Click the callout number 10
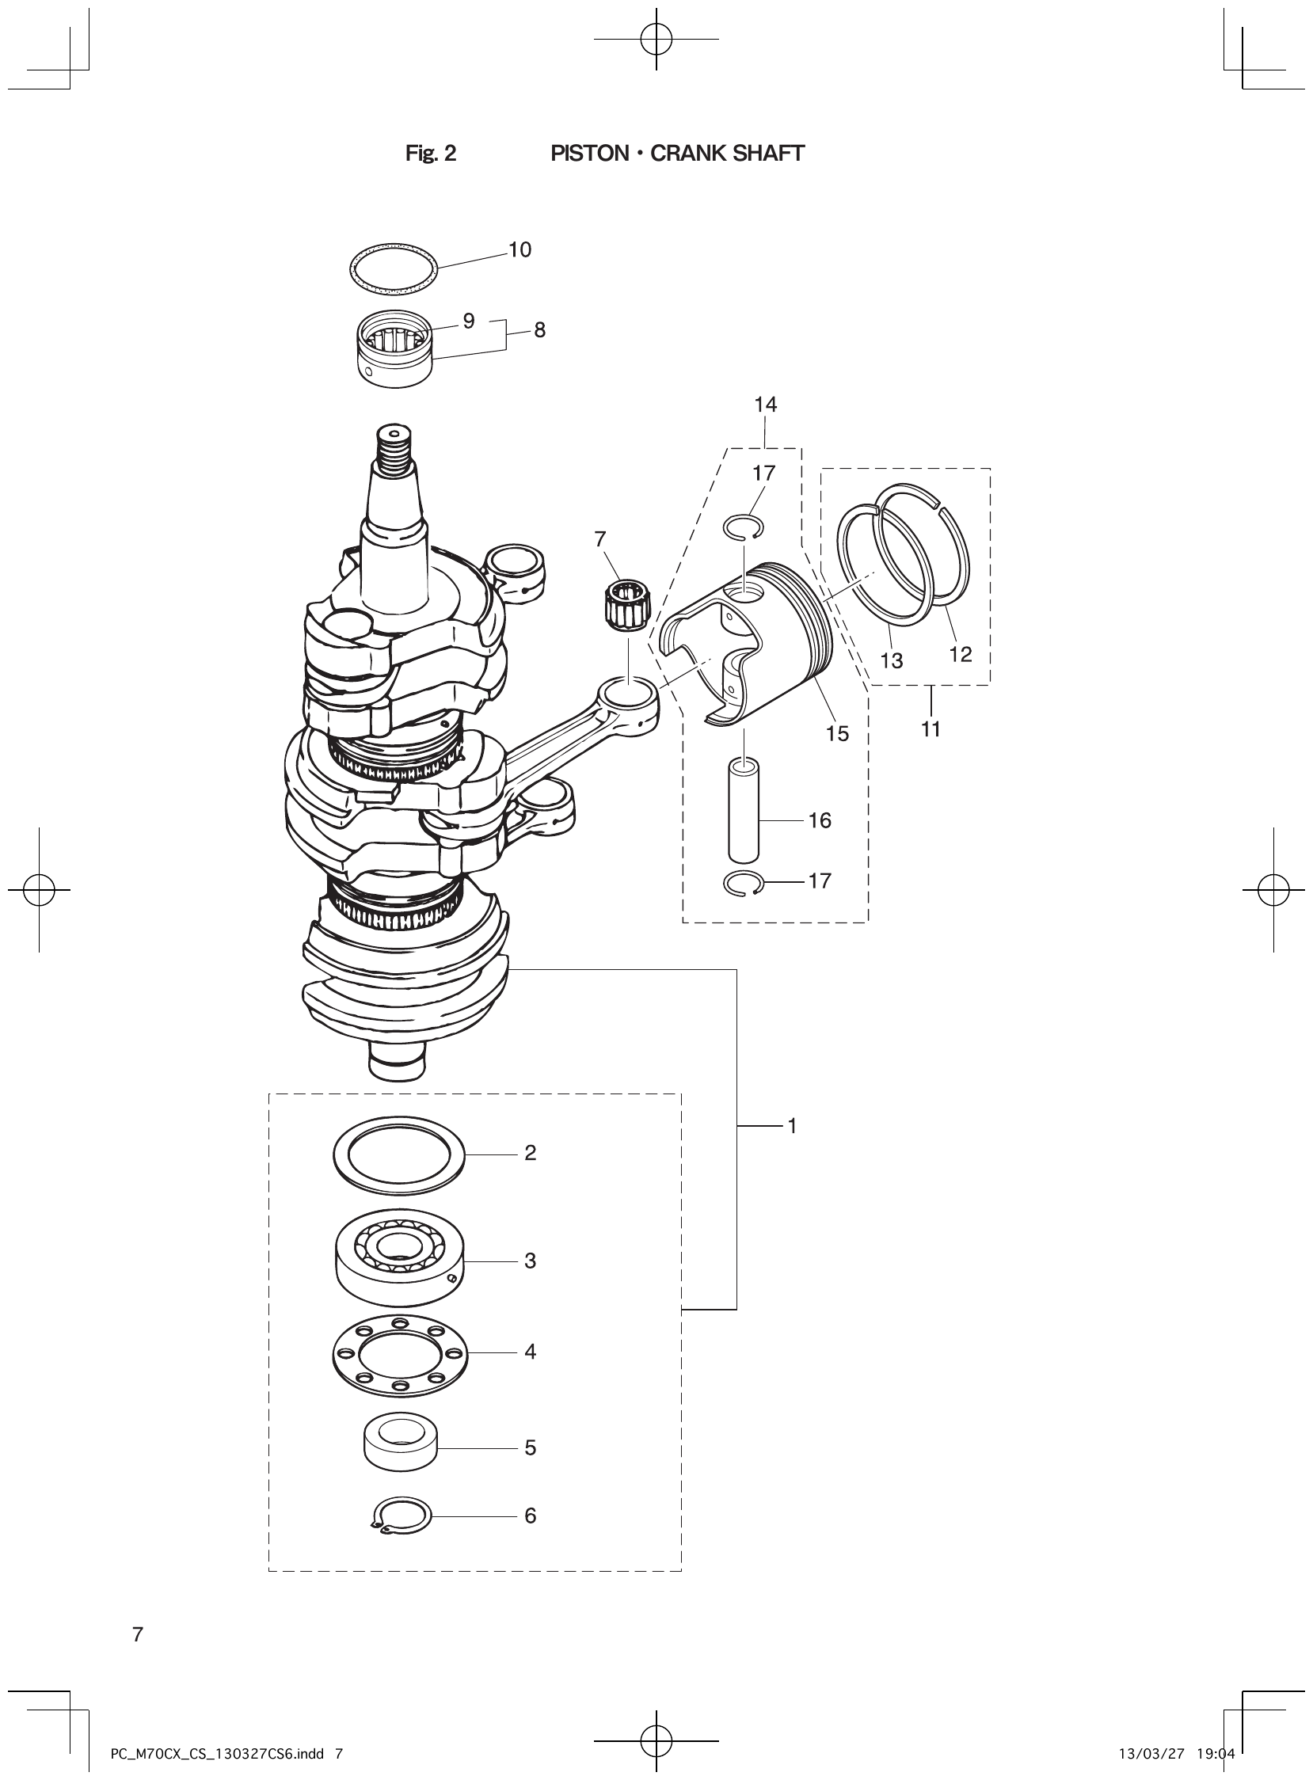(x=519, y=249)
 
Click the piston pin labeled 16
(x=744, y=811)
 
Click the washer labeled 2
(x=399, y=1154)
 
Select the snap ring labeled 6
(x=402, y=1516)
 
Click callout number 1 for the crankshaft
(x=792, y=1125)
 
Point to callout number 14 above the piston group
(x=765, y=405)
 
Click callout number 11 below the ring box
(x=931, y=728)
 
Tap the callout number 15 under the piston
(x=838, y=733)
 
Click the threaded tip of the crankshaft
(x=395, y=449)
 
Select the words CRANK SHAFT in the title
(x=726, y=154)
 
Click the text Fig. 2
(x=431, y=154)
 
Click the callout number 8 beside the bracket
(x=539, y=330)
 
